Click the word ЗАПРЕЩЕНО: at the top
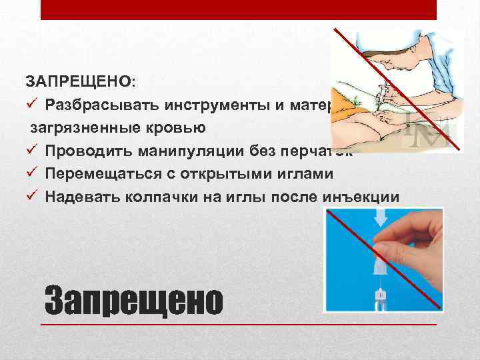[x=81, y=81]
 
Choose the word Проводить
[x=85, y=151]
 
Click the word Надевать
[x=81, y=197]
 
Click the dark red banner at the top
[x=239, y=9]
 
